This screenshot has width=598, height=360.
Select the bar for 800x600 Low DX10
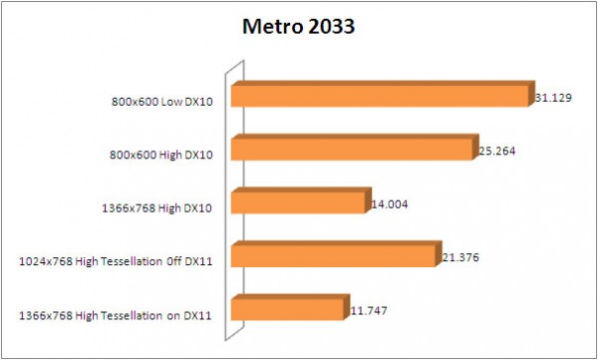(379, 96)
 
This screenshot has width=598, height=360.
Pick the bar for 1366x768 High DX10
(298, 203)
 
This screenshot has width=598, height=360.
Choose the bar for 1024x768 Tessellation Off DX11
(334, 257)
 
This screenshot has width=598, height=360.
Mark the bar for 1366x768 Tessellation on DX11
(288, 311)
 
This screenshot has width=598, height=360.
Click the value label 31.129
(555, 96)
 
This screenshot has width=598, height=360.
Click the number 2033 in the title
(329, 27)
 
